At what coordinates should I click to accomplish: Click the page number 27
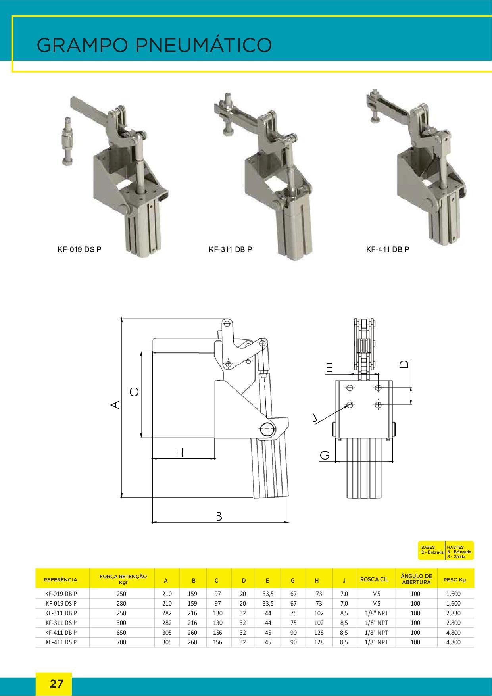click(x=56, y=684)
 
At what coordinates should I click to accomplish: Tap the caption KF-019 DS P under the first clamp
click(x=79, y=250)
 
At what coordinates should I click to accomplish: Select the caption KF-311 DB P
click(x=231, y=250)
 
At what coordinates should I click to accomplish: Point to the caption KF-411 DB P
click(x=388, y=250)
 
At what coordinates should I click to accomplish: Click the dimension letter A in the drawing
click(x=115, y=404)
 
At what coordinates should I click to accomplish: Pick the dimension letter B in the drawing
click(x=219, y=516)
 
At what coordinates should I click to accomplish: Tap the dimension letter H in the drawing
click(x=179, y=452)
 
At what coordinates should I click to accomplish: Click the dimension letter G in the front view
click(x=325, y=455)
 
